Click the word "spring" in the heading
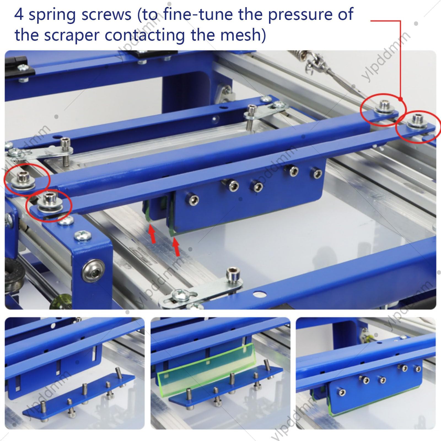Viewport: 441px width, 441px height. click(x=52, y=15)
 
